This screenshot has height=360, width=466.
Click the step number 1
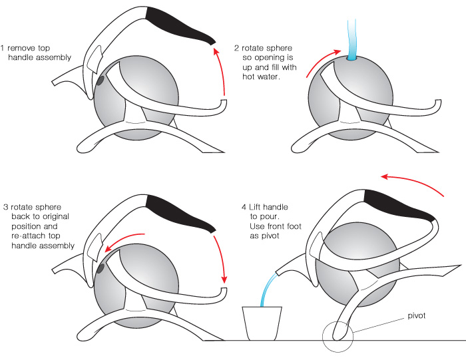3,48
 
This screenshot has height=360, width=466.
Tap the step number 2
236,48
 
